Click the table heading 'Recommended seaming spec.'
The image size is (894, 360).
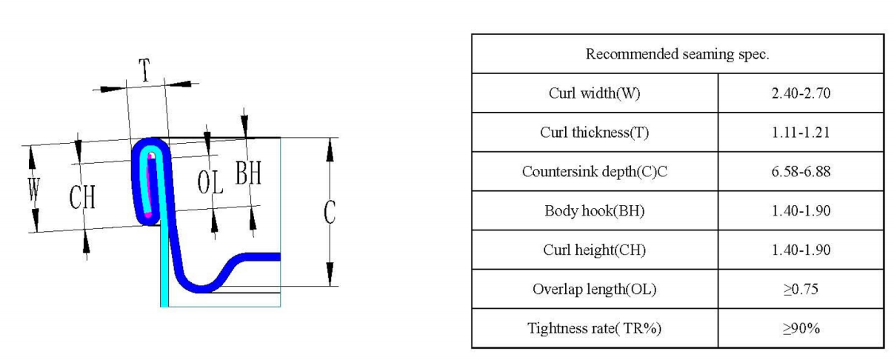point(677,54)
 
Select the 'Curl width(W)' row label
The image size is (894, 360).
point(594,93)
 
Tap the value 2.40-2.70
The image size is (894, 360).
point(801,93)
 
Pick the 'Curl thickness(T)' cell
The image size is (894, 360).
point(594,132)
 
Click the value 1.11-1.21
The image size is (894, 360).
point(801,132)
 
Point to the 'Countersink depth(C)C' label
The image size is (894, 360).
point(594,171)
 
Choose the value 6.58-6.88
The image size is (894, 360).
point(801,171)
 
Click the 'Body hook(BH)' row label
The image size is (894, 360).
point(594,210)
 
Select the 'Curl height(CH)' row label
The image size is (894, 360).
point(594,250)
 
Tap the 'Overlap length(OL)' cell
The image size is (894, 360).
point(594,289)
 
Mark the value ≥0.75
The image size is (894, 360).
point(801,289)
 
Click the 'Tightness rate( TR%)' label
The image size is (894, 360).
point(594,328)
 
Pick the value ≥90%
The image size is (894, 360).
point(801,328)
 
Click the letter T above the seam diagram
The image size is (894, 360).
point(144,70)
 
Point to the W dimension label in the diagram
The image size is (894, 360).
point(34,190)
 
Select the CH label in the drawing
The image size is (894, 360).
point(82,197)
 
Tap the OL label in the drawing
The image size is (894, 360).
point(210,182)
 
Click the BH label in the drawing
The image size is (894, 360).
point(248,173)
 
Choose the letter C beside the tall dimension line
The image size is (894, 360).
point(330,212)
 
